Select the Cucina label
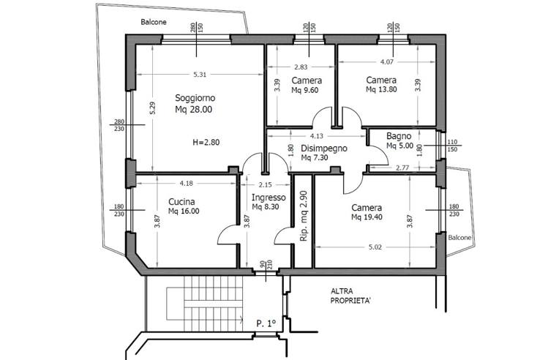click(x=181, y=200)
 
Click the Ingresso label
click(x=269, y=198)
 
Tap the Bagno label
click(x=399, y=135)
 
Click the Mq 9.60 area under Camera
click(x=307, y=90)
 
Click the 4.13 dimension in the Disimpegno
click(x=317, y=136)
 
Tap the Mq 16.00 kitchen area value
click(x=183, y=211)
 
